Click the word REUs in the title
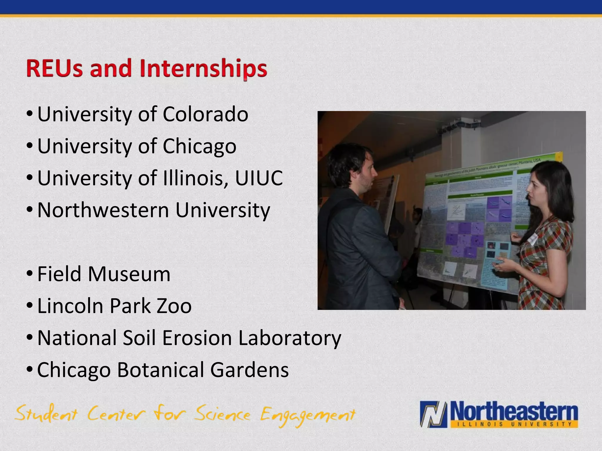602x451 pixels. (54, 68)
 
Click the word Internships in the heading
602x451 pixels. (203, 68)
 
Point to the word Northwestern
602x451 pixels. (103, 210)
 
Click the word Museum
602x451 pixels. (129, 274)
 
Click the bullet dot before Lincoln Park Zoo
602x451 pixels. (30, 306)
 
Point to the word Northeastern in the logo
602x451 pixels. (514, 411)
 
